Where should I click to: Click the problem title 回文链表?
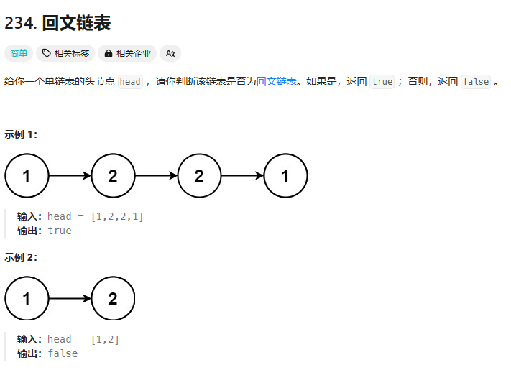[x=76, y=23]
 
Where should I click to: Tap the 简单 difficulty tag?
[x=19, y=53]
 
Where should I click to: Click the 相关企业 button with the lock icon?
[x=127, y=53]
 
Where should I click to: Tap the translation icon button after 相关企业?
[x=170, y=53]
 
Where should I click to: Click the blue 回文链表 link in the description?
[x=277, y=81]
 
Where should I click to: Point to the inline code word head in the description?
[x=130, y=82]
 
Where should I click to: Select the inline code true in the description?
[x=382, y=82]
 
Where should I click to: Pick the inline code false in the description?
[x=476, y=82]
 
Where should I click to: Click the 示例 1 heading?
[x=21, y=134]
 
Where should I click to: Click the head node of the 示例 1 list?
[x=27, y=175]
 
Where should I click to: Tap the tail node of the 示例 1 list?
[x=285, y=175]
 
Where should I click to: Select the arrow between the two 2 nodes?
[x=156, y=175]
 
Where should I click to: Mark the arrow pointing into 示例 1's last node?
[x=242, y=175]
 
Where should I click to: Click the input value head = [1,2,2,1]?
[x=96, y=216]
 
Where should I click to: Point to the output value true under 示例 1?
[x=60, y=231]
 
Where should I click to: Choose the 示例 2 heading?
[x=21, y=257]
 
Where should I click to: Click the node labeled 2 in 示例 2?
[x=113, y=298]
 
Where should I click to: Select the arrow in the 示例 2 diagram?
[x=70, y=298]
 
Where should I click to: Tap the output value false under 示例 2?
[x=63, y=353]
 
